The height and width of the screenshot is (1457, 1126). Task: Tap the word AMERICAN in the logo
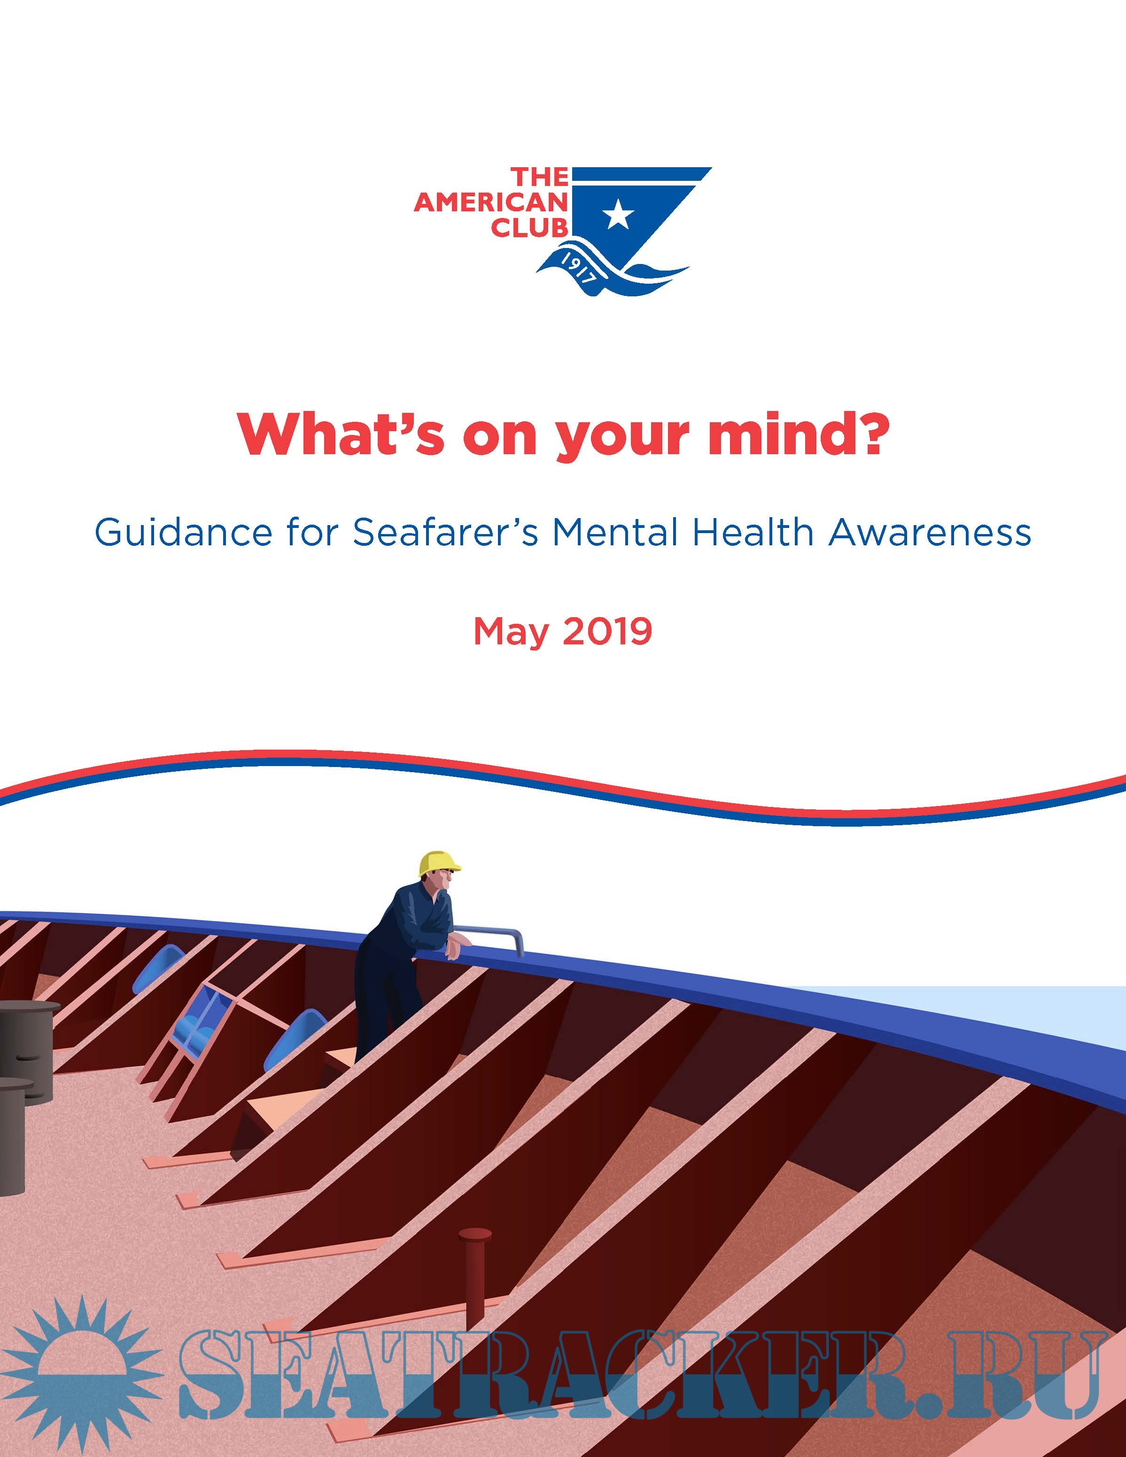point(490,203)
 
